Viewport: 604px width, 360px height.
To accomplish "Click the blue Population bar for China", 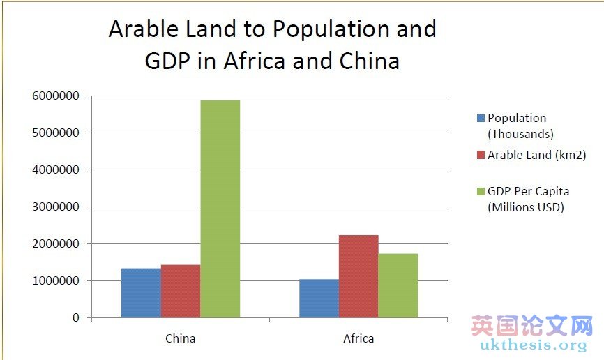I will coord(141,293).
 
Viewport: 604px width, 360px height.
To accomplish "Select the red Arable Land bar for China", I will coord(181,291).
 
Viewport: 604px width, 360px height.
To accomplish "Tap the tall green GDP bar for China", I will coord(220,209).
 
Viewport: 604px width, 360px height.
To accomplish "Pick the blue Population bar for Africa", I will coord(319,299).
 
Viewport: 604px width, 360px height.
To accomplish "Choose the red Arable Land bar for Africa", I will coord(358,276).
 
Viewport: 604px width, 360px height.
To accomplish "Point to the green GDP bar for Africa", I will coord(398,285).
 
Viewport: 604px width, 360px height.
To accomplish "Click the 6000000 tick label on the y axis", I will coord(55,96).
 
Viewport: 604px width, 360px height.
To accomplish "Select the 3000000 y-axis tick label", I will coord(55,207).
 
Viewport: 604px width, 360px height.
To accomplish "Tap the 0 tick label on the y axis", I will coord(75,318).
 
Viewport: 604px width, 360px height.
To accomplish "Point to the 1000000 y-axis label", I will coord(55,281).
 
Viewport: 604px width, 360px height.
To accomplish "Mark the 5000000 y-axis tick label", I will coord(55,133).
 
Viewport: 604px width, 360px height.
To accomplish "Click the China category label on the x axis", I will coord(181,338).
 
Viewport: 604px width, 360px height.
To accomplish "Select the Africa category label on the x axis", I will coord(358,338).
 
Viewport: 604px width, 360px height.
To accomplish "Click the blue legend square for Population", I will coord(480,119).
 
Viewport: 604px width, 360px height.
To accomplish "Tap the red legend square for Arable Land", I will coord(480,156).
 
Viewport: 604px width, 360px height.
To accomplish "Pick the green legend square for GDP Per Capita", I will coord(480,192).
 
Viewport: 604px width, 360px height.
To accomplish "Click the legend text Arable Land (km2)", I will coord(537,156).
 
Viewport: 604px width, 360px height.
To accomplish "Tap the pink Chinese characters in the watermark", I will coord(531,326).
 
